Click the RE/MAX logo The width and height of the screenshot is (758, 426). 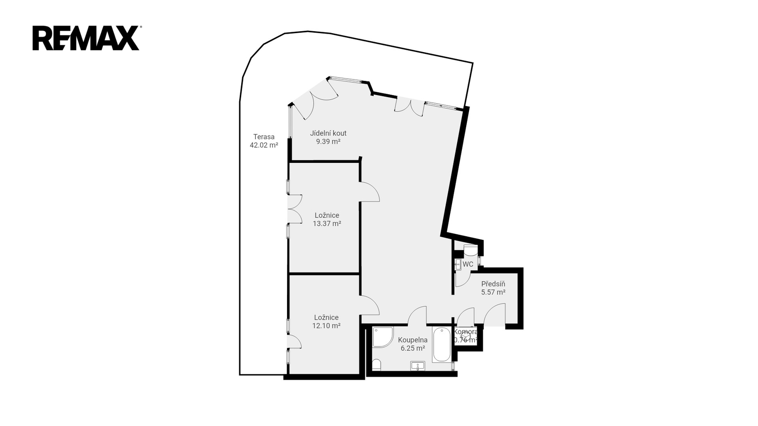[x=87, y=38]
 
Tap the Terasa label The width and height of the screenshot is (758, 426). [x=264, y=137]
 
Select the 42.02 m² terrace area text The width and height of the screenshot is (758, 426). [x=264, y=145]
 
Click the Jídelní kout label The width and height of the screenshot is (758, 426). [x=328, y=133]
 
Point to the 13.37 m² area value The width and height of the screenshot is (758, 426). [x=327, y=223]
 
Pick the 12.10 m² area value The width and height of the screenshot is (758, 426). [x=326, y=326]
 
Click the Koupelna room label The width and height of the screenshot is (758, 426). [x=413, y=340]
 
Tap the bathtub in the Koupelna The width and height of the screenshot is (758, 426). [x=442, y=345]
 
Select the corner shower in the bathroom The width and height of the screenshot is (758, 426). [x=383, y=337]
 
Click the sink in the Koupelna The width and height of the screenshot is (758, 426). [x=417, y=366]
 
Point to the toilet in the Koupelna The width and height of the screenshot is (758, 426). [x=377, y=365]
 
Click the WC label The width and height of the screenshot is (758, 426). [x=468, y=265]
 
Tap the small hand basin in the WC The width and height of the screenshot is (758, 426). [x=458, y=265]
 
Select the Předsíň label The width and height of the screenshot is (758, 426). [x=493, y=284]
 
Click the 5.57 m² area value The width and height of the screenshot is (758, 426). [x=493, y=293]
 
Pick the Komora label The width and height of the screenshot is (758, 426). [x=466, y=332]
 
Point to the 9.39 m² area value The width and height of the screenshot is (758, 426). [x=328, y=142]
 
